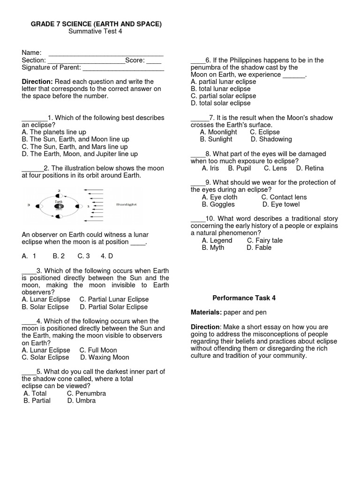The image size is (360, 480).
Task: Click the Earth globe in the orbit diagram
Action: tap(59, 205)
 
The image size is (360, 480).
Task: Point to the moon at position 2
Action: tap(59, 195)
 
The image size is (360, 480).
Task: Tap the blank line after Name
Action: tap(106, 53)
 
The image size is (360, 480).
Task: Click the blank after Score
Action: tap(154, 60)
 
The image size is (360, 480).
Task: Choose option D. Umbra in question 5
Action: tap(81, 401)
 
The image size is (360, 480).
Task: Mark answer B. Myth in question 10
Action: tap(213, 247)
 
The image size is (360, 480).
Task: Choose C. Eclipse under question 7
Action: tap(265, 132)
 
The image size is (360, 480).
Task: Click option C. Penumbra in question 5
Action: tap(86, 393)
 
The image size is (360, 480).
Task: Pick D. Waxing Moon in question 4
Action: tap(105, 357)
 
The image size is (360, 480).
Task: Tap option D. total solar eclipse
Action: tap(220, 103)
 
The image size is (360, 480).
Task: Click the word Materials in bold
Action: tap(206, 312)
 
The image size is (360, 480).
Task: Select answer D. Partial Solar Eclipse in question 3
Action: tap(113, 307)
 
